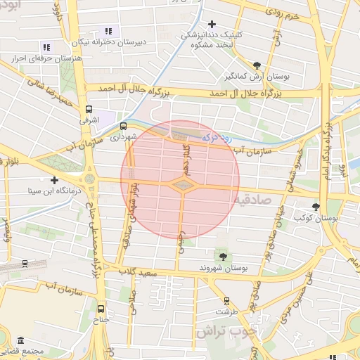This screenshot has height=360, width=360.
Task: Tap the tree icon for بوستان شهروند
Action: tap(223, 255)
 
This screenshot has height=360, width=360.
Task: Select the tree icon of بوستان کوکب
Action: tap(316, 206)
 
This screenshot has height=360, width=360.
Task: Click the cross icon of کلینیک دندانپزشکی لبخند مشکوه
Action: tap(212, 24)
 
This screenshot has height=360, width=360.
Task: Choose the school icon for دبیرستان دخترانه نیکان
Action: tap(108, 31)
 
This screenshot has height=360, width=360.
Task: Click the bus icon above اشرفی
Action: tap(89, 109)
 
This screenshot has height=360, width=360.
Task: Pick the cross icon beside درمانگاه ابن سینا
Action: tap(54, 180)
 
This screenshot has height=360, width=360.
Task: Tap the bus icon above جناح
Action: tap(101, 308)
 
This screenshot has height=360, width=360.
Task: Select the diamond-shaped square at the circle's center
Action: tap(181, 184)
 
